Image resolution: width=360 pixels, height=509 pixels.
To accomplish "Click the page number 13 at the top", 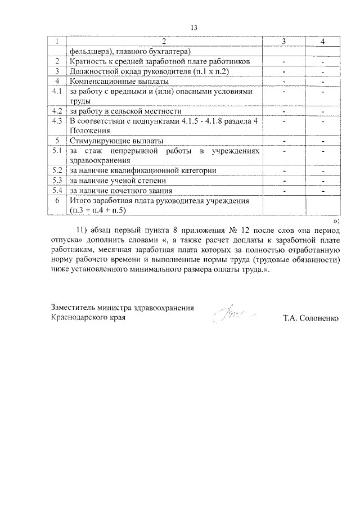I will coord(194,28).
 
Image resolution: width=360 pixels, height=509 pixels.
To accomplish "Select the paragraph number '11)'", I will coord(83,230).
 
